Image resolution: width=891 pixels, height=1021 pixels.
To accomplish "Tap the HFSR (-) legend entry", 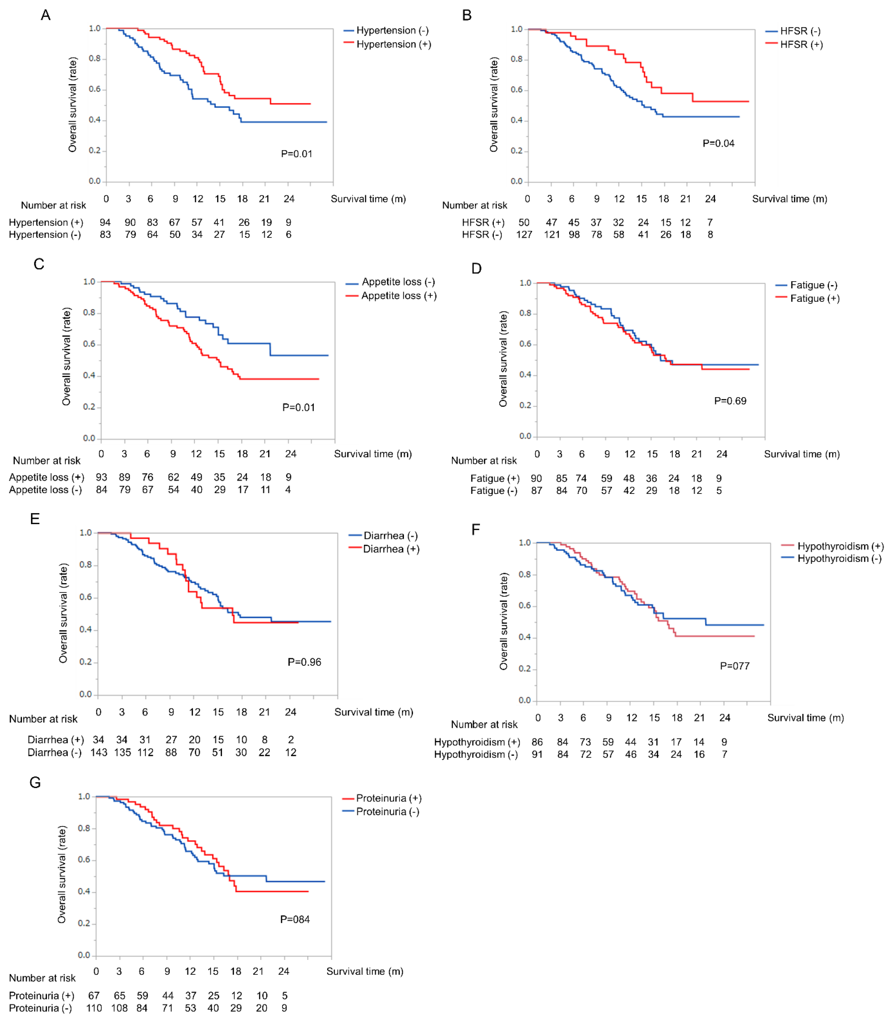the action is click(793, 31).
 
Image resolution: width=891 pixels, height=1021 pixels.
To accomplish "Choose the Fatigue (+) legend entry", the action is click(807, 298).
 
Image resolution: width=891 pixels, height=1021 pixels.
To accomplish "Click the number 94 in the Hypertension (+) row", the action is click(105, 222).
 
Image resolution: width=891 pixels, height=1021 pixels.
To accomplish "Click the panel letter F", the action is click(476, 529).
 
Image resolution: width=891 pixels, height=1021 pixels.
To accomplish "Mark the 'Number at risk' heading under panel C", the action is click(47, 461).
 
